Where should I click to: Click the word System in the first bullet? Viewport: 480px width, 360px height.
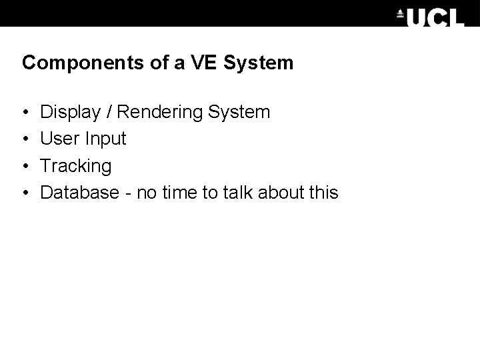pyautogui.click(x=238, y=112)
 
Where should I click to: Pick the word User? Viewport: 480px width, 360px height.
pyautogui.click(x=57, y=139)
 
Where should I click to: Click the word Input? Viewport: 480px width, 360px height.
pyautogui.click(x=102, y=139)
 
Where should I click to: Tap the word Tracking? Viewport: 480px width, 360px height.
pyautogui.click(x=76, y=166)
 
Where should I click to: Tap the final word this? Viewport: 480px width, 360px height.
pyautogui.click(x=324, y=193)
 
